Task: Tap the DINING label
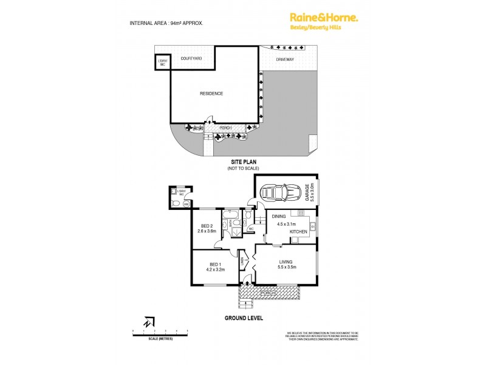click(279, 216)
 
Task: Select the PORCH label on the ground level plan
click(268, 294)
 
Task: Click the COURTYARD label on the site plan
click(192, 58)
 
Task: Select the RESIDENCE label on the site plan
click(212, 93)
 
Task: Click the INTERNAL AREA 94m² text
click(166, 23)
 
